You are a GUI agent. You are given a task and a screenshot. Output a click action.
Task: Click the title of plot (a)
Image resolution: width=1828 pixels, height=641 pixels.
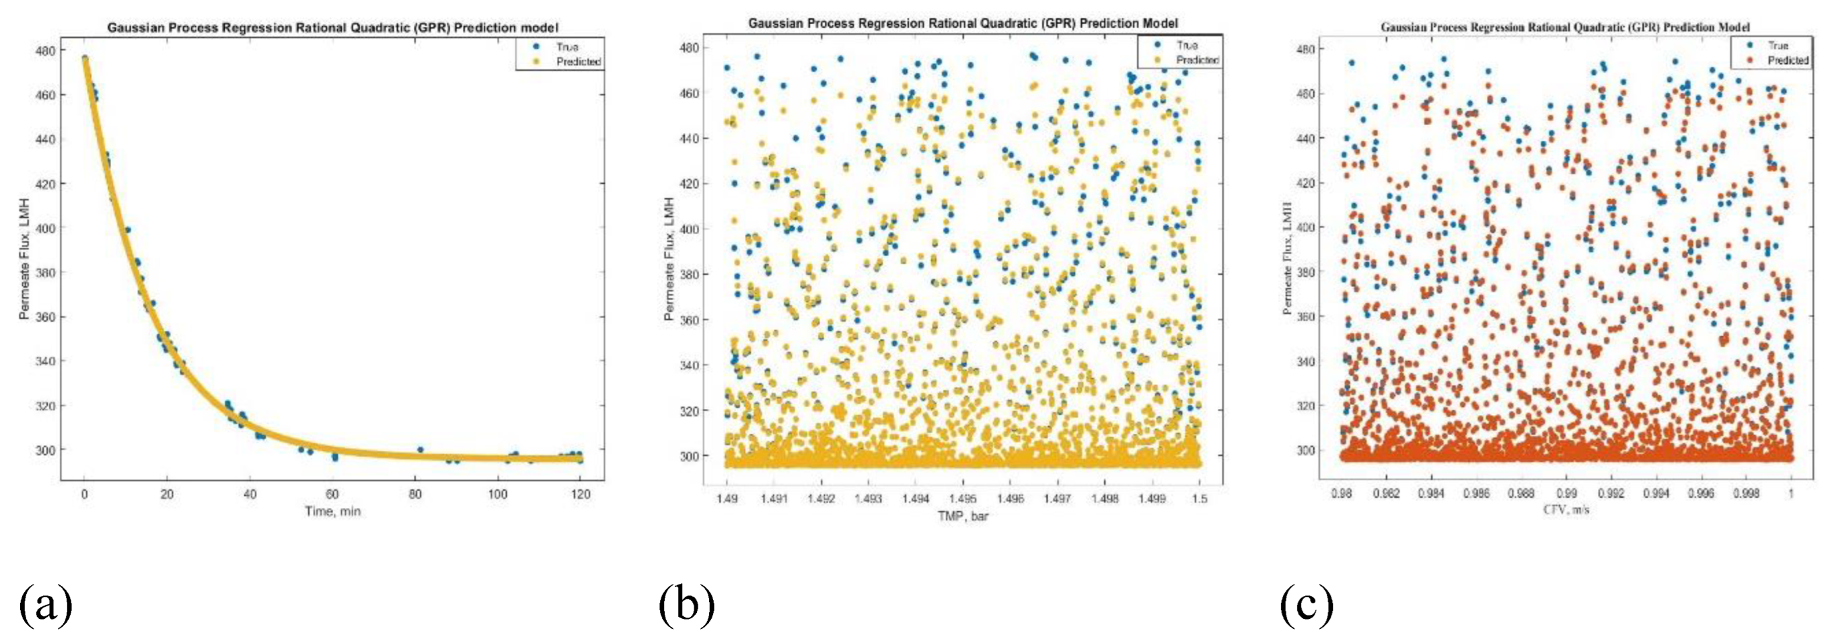click(332, 28)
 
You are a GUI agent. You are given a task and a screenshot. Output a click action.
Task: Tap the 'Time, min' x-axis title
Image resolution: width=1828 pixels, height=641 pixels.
click(332, 511)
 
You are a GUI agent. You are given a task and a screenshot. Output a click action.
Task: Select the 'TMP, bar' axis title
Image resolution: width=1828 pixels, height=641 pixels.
click(963, 516)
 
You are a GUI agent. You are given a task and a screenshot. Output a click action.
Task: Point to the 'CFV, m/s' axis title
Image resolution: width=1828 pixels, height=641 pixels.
click(1566, 509)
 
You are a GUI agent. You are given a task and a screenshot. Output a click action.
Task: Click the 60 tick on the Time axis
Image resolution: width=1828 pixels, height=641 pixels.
click(332, 494)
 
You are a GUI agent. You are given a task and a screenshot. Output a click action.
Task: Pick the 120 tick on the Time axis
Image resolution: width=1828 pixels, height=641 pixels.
click(580, 494)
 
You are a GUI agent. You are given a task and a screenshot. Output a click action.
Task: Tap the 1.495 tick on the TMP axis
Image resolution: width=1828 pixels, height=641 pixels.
click(963, 498)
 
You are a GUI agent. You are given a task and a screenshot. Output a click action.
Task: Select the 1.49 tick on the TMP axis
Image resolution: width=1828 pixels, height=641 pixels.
click(727, 498)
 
